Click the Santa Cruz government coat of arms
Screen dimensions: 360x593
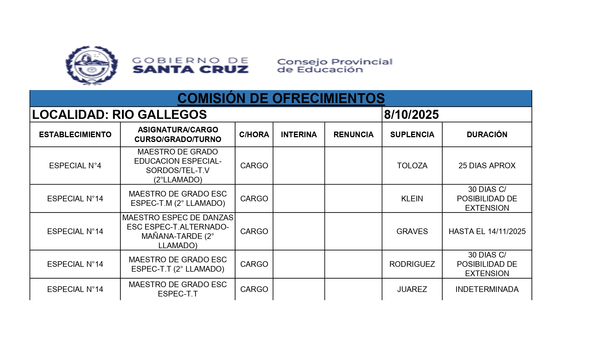click(91, 65)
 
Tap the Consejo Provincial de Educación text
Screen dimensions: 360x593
click(334, 66)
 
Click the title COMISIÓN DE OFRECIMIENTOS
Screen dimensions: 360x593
click(281, 98)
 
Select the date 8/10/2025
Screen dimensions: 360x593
click(411, 115)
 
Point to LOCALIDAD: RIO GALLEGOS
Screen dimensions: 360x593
click(119, 115)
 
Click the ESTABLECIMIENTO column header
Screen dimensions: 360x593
click(75, 134)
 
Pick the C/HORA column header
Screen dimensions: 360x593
click(254, 134)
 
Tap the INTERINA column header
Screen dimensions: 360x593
click(299, 134)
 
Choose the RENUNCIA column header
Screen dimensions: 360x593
click(353, 134)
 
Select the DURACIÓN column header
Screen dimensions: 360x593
click(487, 134)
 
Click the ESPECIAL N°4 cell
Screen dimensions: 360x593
click(75, 165)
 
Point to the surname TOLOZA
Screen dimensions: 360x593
click(412, 165)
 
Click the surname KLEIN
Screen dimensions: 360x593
click(412, 198)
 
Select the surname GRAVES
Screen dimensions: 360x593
click(412, 231)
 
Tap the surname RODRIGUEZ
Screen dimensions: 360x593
click(412, 264)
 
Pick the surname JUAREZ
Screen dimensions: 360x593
click(412, 289)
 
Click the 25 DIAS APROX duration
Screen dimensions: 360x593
click(487, 165)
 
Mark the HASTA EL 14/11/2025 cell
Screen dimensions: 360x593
click(487, 231)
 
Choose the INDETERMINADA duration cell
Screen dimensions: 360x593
click(487, 289)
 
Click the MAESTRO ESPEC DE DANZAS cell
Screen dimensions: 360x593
click(178, 231)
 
